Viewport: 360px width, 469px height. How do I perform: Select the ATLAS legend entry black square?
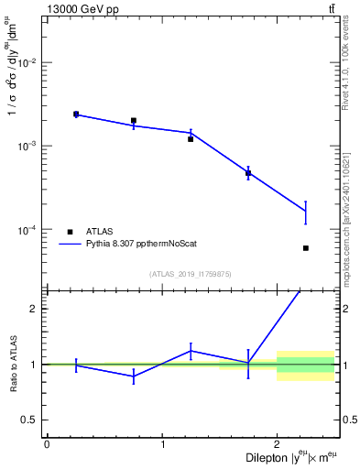coord(70,232)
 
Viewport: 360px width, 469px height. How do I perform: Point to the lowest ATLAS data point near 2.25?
coord(305,248)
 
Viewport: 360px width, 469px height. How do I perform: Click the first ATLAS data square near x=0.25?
coord(76,115)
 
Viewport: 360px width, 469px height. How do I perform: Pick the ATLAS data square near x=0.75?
coord(134,120)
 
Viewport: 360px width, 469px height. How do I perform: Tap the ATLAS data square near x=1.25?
coord(191,138)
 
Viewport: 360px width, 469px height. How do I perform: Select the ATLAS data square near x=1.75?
coord(248,173)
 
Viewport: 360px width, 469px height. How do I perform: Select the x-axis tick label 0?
coord(47,444)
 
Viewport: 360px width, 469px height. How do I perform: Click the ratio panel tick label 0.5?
coord(30,420)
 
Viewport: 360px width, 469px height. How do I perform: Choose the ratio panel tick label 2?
coord(35,309)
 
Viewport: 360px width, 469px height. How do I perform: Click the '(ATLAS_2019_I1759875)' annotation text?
coord(191,273)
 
